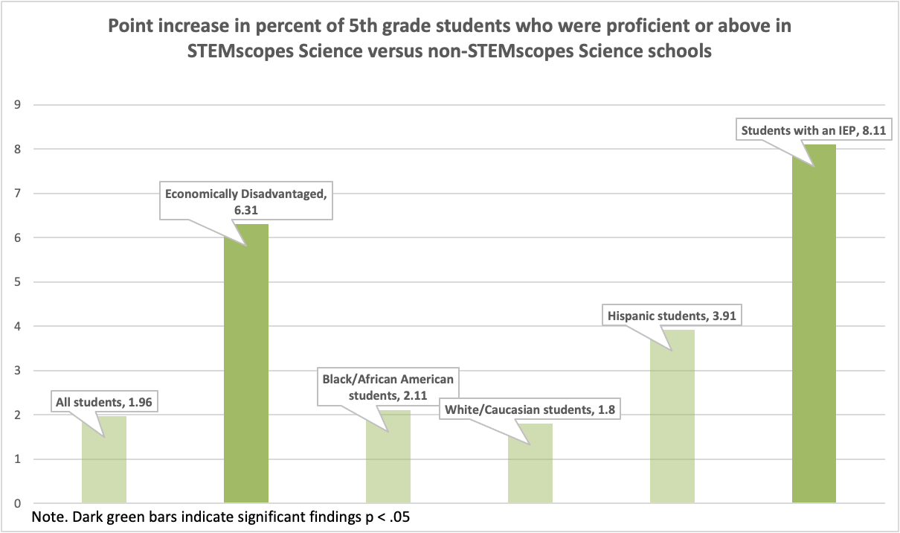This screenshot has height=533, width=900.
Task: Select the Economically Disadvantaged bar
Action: point(246,364)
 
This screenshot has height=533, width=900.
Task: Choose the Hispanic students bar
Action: point(672,417)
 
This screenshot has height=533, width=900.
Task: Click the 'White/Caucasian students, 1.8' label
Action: point(529,409)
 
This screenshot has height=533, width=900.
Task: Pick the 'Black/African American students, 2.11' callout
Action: point(388,386)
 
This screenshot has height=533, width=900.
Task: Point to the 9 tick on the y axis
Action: point(17,105)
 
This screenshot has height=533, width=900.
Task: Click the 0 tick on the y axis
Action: point(17,504)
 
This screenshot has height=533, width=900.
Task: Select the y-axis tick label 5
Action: point(17,282)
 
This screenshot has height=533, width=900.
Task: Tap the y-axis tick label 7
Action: point(17,194)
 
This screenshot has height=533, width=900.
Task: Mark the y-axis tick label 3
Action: point(17,371)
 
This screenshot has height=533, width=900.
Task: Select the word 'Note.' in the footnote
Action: point(49,517)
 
